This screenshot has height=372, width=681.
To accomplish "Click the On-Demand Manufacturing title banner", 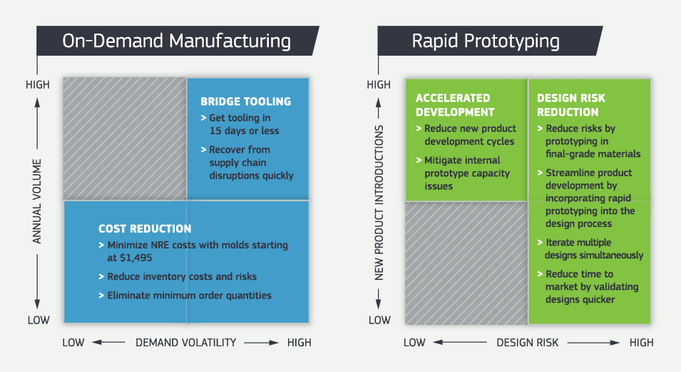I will coord(177,41).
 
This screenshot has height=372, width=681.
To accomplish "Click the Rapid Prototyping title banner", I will coord(486,41).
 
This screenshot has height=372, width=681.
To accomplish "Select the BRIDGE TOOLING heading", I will coord(245,101).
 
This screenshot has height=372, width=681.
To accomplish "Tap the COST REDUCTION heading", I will coord(145,228).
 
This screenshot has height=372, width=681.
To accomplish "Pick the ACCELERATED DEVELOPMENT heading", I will coord(454,104).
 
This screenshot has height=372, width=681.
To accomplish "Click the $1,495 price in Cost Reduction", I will coord(132,258).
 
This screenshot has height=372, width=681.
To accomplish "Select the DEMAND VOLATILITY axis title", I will coord(185,343).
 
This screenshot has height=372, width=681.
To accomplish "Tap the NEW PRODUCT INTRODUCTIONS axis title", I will coord(380,202).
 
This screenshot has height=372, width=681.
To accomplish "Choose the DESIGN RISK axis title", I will coord(527,343).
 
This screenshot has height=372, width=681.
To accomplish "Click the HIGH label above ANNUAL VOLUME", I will coord(38,85).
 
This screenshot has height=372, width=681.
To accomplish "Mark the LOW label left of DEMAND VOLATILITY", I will coord(73,343).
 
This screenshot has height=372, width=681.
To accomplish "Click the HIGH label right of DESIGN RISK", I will coord(641,343).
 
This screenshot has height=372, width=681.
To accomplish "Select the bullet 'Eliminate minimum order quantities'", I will coord(189,295).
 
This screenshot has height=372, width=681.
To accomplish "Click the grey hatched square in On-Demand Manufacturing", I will coord(124,138).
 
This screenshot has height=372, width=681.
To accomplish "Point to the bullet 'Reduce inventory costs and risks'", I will coord(182,276).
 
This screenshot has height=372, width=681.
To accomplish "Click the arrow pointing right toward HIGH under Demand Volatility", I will coord(262,343).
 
